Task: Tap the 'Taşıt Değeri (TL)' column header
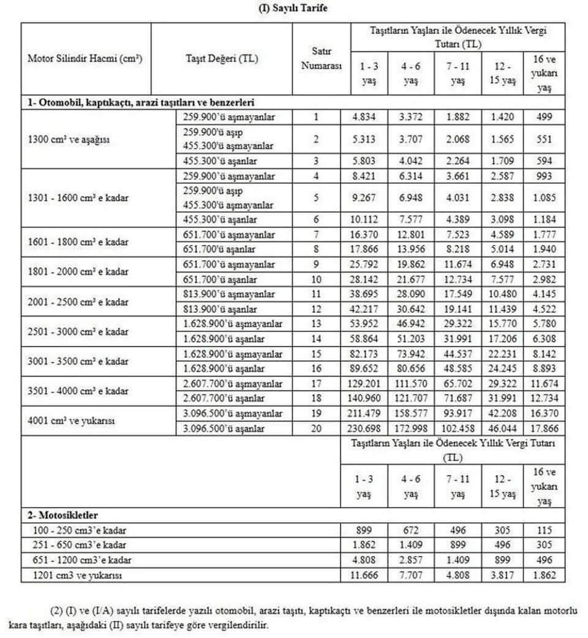pyautogui.click(x=221, y=59)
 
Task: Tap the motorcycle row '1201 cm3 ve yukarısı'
pyautogui.click(x=77, y=575)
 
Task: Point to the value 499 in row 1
pyautogui.click(x=543, y=116)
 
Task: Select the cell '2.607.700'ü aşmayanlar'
pyautogui.click(x=233, y=384)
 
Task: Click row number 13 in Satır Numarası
pyautogui.click(x=316, y=325)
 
